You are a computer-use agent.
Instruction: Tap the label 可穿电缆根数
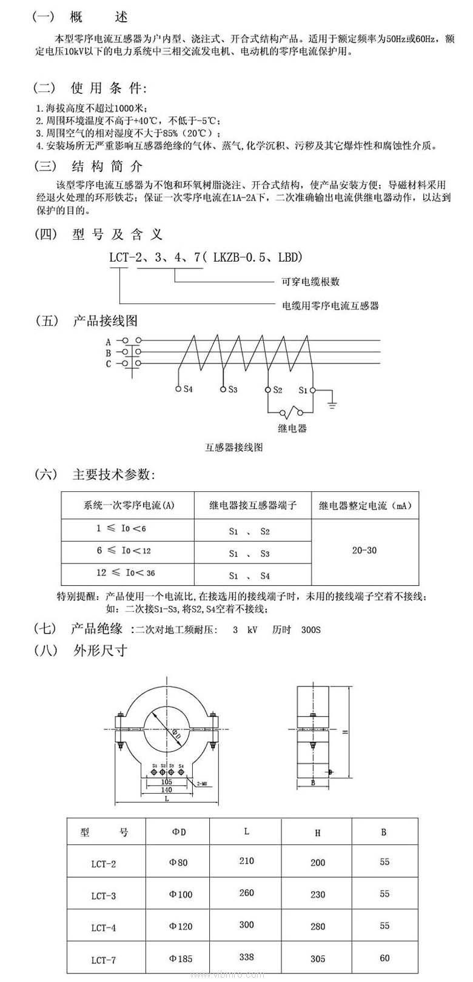(310, 282)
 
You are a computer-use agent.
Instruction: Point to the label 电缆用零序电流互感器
(330, 305)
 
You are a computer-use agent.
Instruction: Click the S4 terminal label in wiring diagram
(188, 390)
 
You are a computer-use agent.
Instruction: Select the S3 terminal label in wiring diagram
(233, 390)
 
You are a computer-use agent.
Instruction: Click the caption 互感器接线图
(234, 448)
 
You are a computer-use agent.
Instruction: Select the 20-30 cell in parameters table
(364, 550)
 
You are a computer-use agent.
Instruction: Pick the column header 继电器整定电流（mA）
(365, 505)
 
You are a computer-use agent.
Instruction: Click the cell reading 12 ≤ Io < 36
(126, 572)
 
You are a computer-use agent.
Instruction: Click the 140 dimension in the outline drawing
(166, 789)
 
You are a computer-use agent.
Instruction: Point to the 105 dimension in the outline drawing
(166, 781)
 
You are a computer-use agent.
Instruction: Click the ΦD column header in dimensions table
(179, 832)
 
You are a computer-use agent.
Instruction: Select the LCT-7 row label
(103, 960)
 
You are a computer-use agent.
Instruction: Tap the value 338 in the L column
(246, 957)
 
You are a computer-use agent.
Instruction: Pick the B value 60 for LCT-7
(384, 958)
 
